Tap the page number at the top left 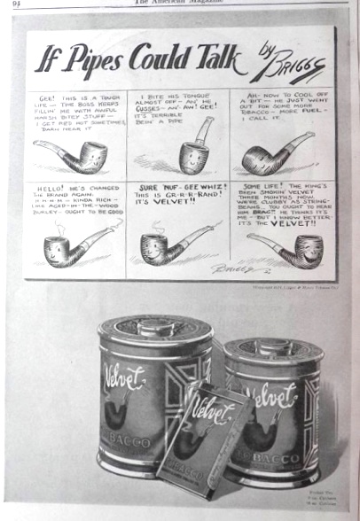click(16, 4)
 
